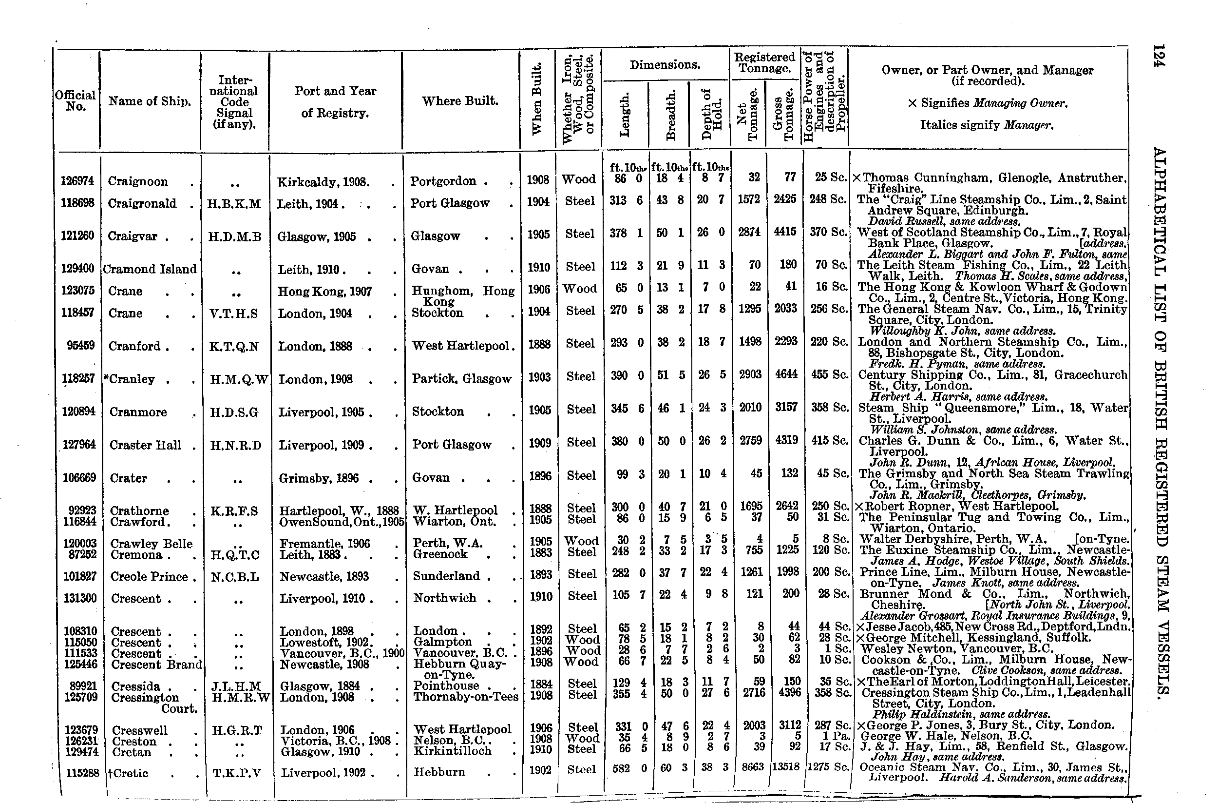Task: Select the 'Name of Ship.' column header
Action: point(150,101)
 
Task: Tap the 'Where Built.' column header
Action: point(460,101)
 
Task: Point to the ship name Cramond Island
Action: point(150,270)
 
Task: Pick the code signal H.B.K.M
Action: point(234,204)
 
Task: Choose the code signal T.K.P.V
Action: point(236,773)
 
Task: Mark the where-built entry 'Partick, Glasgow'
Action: point(461,379)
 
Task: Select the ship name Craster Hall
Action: point(145,445)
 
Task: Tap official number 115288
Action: point(82,773)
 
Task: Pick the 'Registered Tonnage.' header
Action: point(764,62)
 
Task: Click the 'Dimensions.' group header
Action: point(664,65)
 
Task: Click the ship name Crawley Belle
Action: point(152,543)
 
